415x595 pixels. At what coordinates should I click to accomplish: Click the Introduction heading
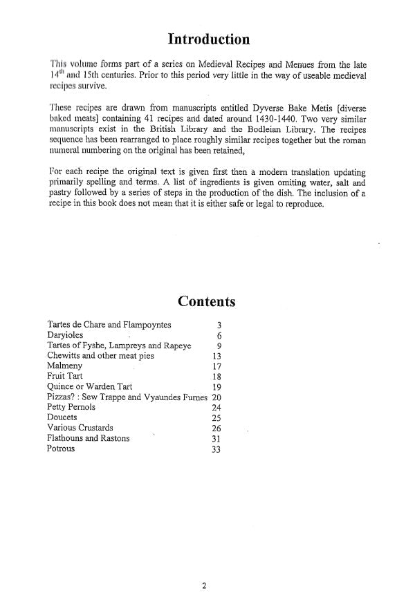(207, 39)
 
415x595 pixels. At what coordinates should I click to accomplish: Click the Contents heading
(207, 301)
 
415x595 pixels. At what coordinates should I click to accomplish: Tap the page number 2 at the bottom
(204, 586)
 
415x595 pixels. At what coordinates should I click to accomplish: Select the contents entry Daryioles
(68, 334)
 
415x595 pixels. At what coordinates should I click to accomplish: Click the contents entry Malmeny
(66, 366)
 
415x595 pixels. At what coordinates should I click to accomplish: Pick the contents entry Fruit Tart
(65, 377)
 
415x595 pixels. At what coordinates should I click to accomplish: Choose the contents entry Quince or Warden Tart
(89, 387)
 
